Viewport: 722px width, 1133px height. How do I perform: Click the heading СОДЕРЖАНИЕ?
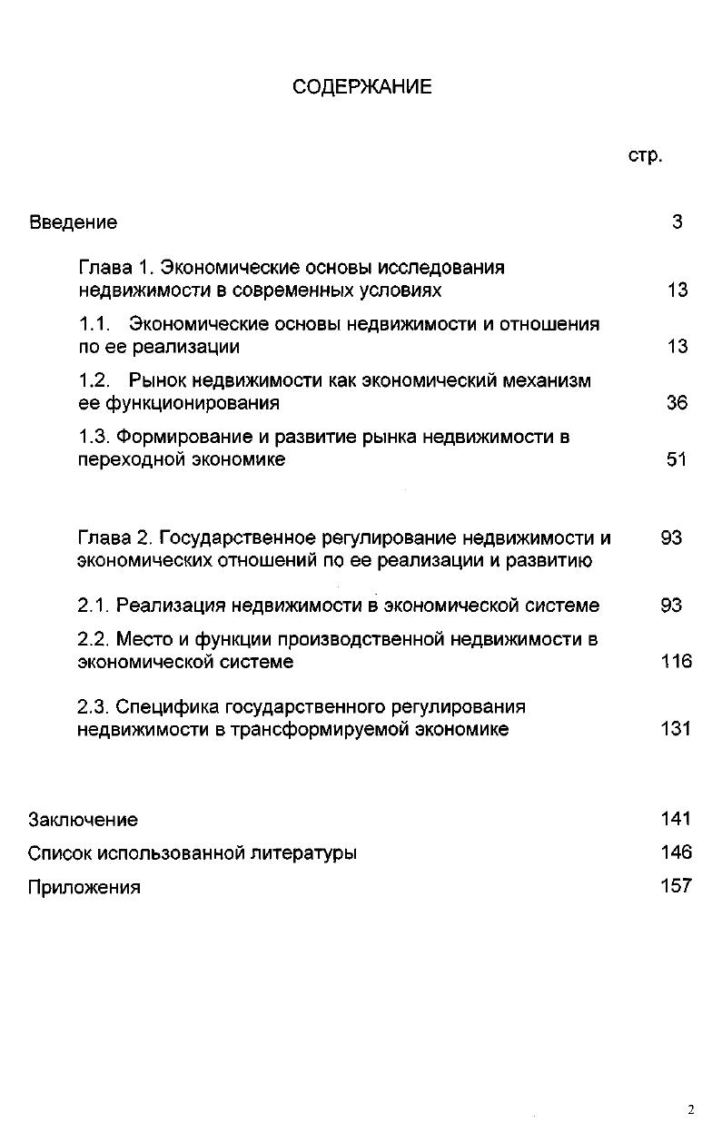coord(362,87)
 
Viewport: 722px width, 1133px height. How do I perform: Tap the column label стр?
coord(645,155)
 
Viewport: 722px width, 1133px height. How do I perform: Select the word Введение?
coord(74,222)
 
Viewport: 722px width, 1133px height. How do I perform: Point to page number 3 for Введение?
coord(677,222)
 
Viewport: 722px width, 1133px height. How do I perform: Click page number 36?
coord(677,402)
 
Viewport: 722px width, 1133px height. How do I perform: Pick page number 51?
coord(677,459)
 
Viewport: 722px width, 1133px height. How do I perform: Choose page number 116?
coord(677,661)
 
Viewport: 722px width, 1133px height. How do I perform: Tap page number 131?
coord(677,728)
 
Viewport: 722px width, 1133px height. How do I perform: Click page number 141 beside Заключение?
coord(677,819)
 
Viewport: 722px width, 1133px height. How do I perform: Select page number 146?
coord(677,852)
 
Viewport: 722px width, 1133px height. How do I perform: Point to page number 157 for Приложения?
coord(677,886)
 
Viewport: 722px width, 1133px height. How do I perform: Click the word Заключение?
coord(84,820)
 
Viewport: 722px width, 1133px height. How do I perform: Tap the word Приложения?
coord(84,888)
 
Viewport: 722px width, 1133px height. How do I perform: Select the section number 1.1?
coord(94,324)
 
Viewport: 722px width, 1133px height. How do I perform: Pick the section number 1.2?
coord(94,380)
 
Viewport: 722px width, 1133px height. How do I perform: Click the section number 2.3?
coord(94,706)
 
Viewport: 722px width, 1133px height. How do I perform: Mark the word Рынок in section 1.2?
coord(155,380)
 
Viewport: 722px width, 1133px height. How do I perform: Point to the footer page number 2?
coord(690,1109)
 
